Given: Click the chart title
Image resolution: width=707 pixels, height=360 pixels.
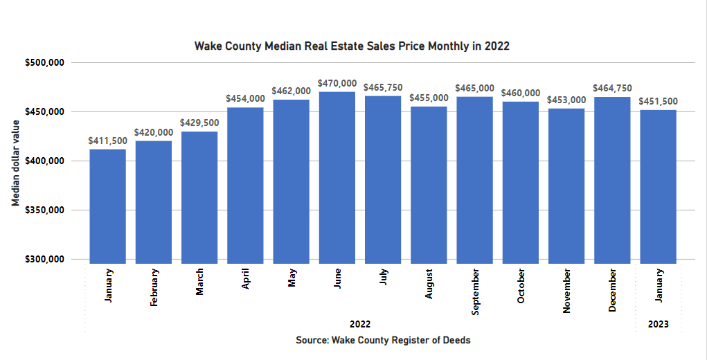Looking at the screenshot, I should (x=352, y=46).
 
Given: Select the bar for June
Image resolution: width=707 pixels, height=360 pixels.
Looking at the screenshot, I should (x=337, y=177).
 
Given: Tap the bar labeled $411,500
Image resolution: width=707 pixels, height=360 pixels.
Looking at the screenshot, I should (x=107, y=206).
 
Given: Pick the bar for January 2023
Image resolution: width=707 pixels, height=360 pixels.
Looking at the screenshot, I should (x=658, y=186).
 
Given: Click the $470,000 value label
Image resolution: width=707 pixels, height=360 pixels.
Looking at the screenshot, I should (x=337, y=83).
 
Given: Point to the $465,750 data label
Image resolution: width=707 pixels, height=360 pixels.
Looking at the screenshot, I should (x=383, y=87).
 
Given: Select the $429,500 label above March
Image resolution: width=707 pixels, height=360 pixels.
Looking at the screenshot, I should (x=199, y=123).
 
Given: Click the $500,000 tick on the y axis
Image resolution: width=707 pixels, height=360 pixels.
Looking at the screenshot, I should (x=45, y=62).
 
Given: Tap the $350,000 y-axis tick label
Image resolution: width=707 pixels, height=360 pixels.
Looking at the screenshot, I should (x=45, y=210).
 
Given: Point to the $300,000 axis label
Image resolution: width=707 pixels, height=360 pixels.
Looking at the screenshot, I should (x=45, y=260).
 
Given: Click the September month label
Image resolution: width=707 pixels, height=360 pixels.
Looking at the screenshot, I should (x=475, y=292).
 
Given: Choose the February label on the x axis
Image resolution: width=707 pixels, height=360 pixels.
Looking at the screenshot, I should (x=154, y=290).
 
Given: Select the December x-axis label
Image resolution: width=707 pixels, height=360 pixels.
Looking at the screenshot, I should (x=613, y=291).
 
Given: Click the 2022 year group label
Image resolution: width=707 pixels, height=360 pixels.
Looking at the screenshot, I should (x=360, y=324).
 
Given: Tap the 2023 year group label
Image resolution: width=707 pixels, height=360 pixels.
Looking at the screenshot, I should (x=658, y=324).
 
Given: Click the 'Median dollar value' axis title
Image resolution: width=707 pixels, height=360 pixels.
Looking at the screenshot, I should (x=15, y=161).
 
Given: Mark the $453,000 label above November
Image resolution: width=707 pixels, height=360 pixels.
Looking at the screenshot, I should (x=566, y=100).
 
